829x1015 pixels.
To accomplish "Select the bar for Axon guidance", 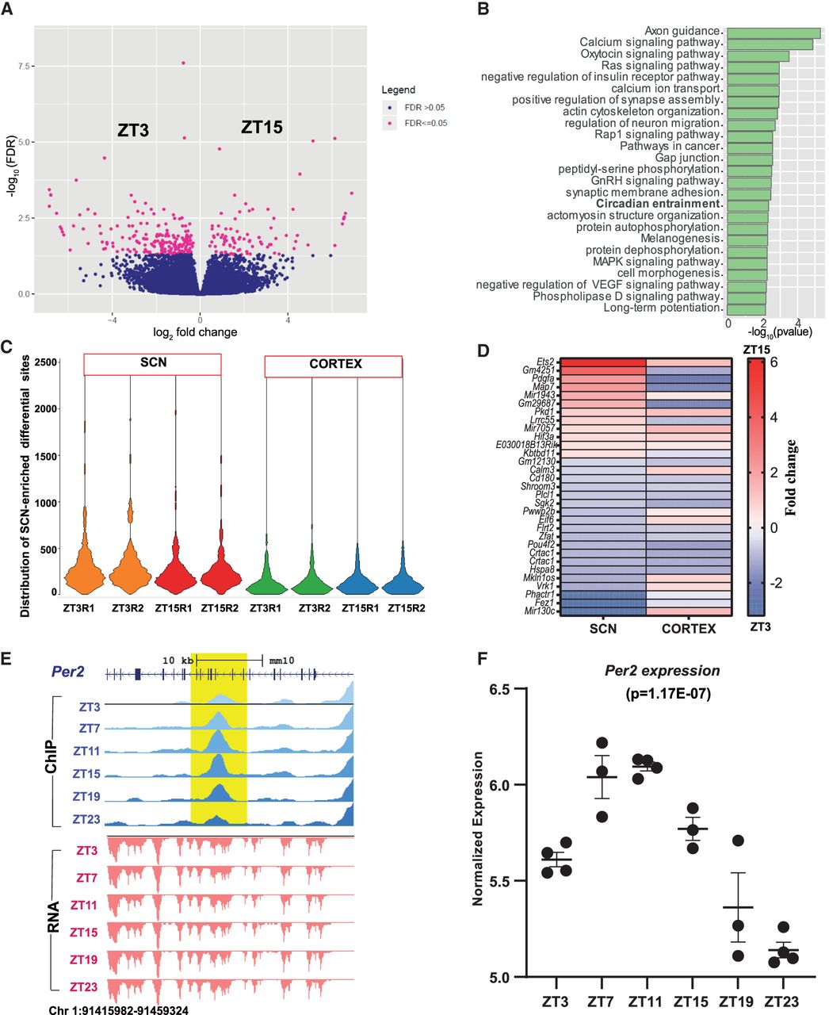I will (773, 33).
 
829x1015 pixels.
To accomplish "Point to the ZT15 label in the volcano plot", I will (262, 127).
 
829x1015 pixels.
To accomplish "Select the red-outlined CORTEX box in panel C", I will (333, 365).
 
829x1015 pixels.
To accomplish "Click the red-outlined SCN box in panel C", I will (152, 364).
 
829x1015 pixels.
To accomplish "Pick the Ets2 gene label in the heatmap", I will (544, 362).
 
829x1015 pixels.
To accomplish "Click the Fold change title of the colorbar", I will (791, 477).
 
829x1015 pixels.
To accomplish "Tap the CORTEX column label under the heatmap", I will (689, 629).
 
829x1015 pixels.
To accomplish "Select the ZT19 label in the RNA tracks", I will (82, 959).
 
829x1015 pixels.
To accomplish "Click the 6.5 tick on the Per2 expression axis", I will (495, 689).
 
